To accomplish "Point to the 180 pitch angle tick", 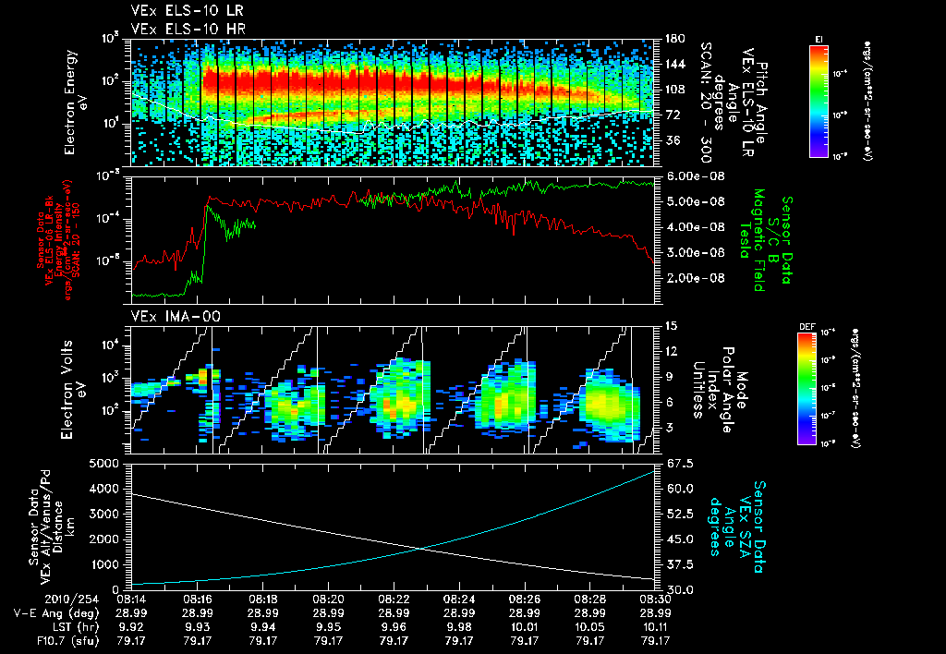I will pos(672,38).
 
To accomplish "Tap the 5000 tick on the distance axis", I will pos(109,462).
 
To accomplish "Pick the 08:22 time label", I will pos(394,599).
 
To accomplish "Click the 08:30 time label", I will pos(655,599).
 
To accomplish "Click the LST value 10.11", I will pos(655,625).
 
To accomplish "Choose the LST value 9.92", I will pos(134,625).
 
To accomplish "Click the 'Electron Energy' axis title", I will pos(75,102).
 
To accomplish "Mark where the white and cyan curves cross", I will pos(423,549).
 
